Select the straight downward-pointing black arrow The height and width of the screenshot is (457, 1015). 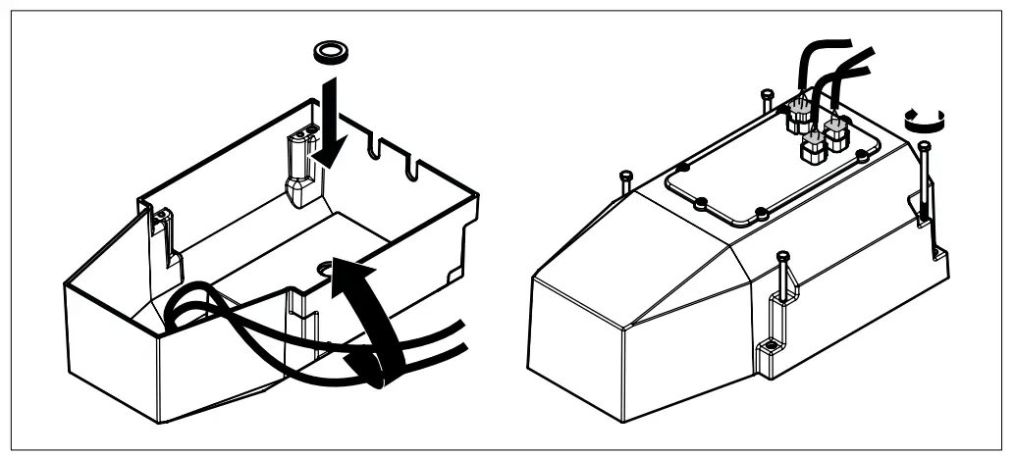(x=328, y=127)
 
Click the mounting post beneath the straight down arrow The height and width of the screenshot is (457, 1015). (x=299, y=169)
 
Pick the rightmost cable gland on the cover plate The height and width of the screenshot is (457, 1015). (x=837, y=132)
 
